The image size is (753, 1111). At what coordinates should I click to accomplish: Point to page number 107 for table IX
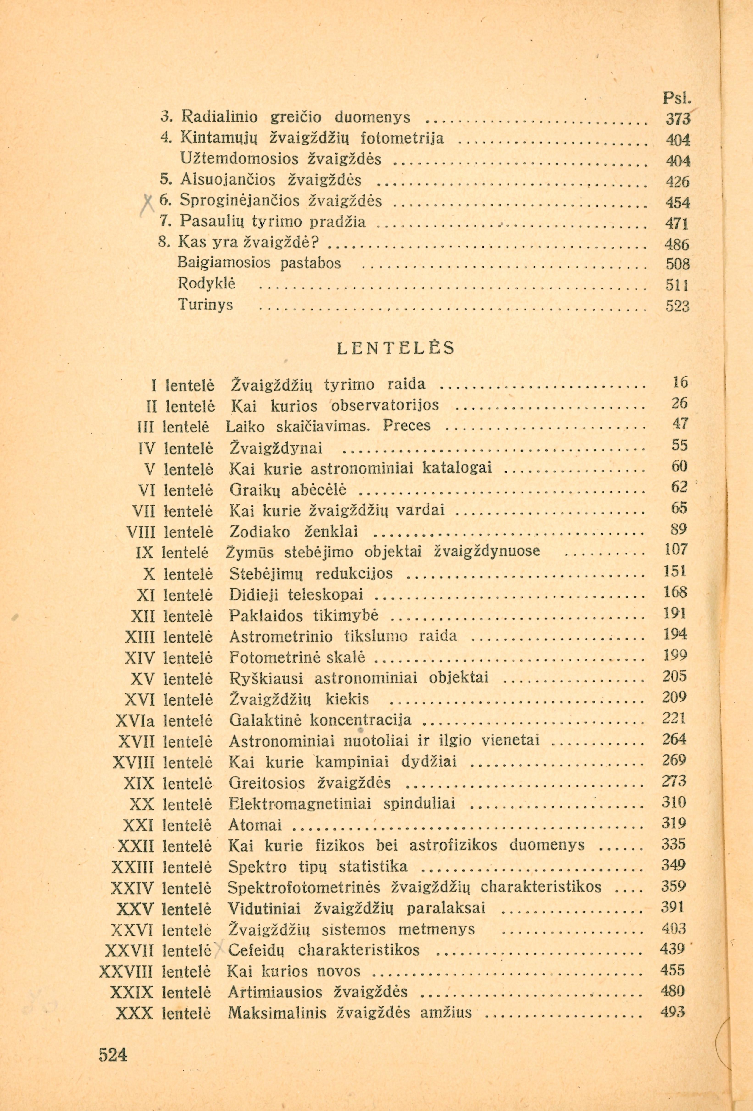675,549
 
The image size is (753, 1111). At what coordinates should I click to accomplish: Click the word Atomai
255,825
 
